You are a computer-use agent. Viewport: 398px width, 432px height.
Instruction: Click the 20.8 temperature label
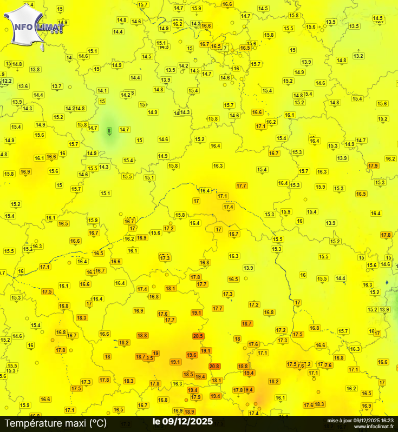(214, 366)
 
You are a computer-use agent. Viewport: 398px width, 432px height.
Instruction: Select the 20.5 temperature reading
(198, 336)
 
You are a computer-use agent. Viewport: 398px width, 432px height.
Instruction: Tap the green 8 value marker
(109, 130)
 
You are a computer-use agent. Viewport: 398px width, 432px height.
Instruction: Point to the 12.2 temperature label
(6, 81)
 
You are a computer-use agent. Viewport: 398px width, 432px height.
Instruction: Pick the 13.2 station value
(358, 56)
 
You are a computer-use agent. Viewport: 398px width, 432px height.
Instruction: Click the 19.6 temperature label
(191, 355)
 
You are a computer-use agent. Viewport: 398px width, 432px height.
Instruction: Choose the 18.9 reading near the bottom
(190, 411)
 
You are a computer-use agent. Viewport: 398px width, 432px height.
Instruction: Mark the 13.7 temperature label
(57, 87)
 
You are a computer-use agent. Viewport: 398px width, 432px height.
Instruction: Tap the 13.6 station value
(23, 86)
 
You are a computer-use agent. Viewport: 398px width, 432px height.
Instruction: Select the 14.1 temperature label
(102, 90)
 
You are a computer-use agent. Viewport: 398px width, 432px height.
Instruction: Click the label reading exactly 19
(155, 353)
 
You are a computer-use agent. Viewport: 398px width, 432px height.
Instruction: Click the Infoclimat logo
(32, 25)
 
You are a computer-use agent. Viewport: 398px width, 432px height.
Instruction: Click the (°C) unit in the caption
(99, 423)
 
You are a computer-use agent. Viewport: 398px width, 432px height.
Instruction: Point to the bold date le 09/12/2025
(182, 421)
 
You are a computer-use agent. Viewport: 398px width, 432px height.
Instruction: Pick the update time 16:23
(386, 420)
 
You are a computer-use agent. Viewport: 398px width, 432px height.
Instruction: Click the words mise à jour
(339, 420)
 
